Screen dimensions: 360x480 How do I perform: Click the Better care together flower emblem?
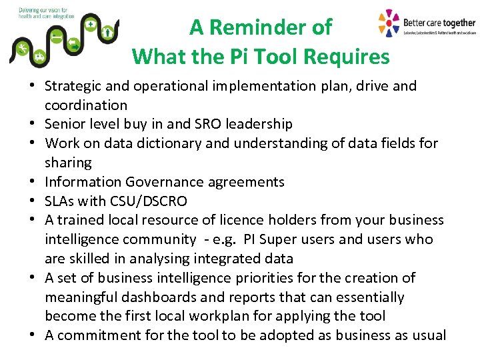pyautogui.click(x=389, y=23)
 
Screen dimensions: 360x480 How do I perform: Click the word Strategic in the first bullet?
pyautogui.click(x=73, y=86)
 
